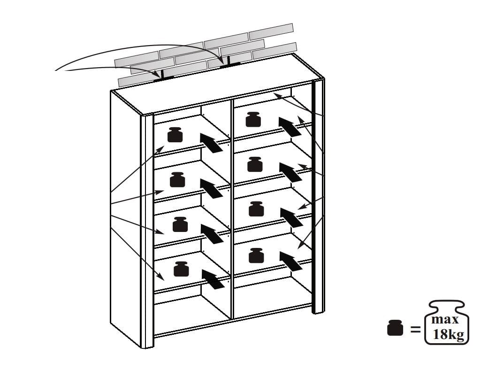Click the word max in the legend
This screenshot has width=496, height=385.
coord(445,319)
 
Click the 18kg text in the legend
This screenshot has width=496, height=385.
coord(448,334)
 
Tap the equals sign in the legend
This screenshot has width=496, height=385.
coord(415,330)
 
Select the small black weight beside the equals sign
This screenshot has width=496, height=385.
coord(395,328)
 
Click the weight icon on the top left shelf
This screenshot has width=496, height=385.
coord(175,135)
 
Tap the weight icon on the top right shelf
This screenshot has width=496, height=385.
coord(253,119)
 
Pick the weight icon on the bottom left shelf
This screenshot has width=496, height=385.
coord(181,269)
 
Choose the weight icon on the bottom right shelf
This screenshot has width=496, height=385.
coord(256,255)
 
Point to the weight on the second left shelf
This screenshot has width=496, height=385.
coord(177,179)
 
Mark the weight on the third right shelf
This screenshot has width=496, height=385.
coord(256,209)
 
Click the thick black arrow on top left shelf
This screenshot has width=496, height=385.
coord(211,143)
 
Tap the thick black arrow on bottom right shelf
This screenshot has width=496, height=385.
coord(291,262)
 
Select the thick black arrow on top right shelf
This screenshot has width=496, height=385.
coord(290,127)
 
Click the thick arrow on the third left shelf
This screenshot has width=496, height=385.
coord(212,234)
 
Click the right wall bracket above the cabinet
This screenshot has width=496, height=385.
coord(229,61)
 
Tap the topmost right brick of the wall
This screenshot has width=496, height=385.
coord(271,31)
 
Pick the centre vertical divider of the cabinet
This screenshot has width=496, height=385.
coord(232,209)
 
